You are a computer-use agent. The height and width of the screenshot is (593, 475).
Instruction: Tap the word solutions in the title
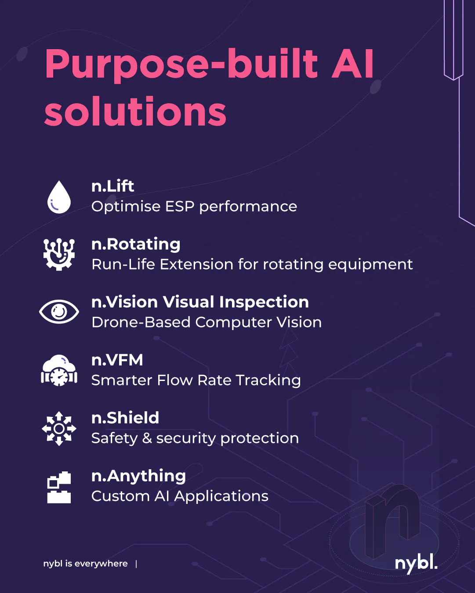[135, 111]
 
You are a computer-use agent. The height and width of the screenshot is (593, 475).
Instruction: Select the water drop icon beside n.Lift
[59, 197]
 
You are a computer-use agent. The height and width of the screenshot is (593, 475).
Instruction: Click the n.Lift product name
[113, 186]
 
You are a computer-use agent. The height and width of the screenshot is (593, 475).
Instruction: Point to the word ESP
[180, 206]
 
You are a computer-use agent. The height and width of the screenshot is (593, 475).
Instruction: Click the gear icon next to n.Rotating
[59, 254]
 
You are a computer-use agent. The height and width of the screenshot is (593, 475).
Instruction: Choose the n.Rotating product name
[136, 244]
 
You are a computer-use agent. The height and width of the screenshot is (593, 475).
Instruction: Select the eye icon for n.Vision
[59, 312]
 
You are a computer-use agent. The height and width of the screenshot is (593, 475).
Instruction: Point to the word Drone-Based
[141, 322]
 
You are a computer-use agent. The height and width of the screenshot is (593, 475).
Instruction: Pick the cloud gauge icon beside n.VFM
[59, 370]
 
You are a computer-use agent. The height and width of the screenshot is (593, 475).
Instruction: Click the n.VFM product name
[117, 360]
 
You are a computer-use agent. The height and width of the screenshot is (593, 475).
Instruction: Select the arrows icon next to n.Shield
[59, 428]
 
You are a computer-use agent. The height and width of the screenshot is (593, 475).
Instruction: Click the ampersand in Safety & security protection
[147, 438]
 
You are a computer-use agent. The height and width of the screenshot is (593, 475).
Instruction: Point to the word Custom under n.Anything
[120, 496]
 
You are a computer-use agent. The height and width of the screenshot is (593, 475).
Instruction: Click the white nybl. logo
[416, 563]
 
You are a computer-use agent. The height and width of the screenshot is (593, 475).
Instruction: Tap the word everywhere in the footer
[101, 564]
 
